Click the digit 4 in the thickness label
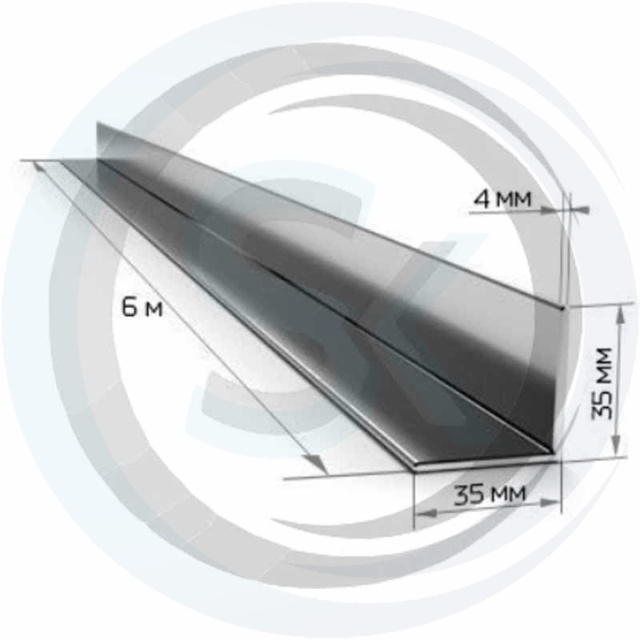click(x=482, y=199)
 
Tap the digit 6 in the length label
click(x=130, y=306)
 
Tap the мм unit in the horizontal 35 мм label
click(x=508, y=494)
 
